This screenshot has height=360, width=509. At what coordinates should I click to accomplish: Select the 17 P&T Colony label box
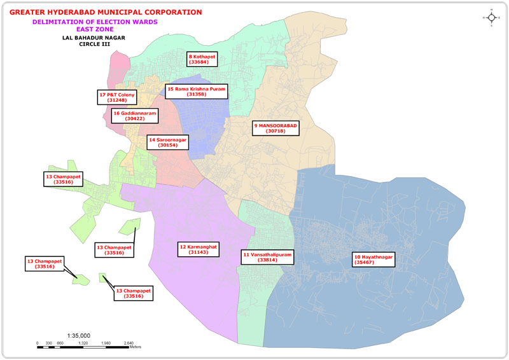coord(116,97)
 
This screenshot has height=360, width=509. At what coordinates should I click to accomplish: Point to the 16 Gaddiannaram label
coord(134,116)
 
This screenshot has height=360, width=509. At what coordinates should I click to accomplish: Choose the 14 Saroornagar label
coord(167,142)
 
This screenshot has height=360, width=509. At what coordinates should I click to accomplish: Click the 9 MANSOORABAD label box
coord(275,129)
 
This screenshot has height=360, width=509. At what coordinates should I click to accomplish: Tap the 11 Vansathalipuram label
coord(267,256)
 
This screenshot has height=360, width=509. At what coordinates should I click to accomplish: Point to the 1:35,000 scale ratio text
coord(78,335)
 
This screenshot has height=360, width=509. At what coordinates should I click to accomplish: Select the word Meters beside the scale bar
coord(135,347)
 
